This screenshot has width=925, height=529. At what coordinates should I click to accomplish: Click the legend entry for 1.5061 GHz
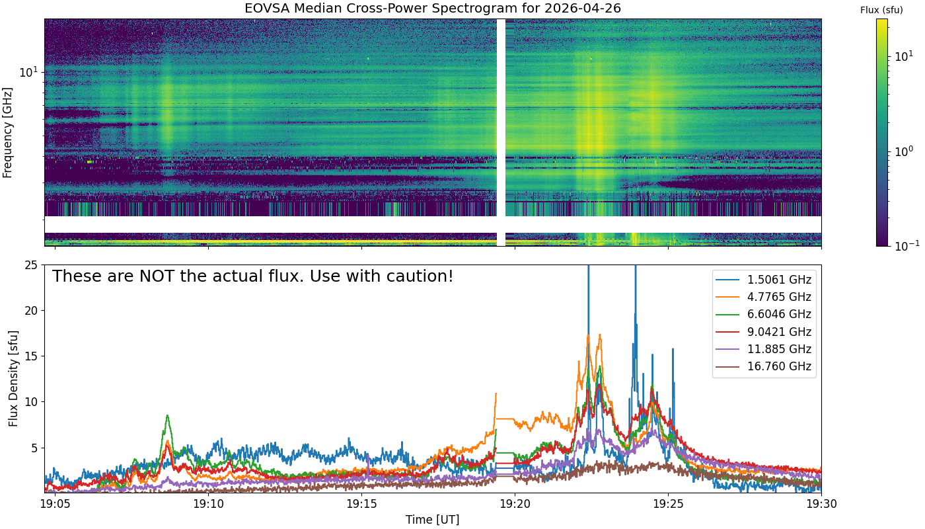point(764,280)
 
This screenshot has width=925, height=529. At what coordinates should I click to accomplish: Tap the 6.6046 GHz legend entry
point(764,315)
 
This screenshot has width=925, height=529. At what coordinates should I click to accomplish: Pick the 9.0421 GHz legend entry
point(764,332)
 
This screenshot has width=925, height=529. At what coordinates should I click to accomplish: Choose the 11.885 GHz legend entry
point(764,349)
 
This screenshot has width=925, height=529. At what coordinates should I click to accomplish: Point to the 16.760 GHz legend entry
point(764,366)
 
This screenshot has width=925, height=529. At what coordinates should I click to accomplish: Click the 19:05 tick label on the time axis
point(55,504)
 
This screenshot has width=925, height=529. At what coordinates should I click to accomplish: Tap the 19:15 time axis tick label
point(362,504)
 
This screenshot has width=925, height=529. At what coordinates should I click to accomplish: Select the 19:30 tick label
point(822,504)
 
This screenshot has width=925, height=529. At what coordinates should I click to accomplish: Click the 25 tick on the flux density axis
point(32,265)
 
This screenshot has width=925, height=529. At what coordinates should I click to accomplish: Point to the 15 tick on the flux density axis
point(32,356)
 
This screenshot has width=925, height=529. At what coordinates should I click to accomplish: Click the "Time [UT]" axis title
point(432,520)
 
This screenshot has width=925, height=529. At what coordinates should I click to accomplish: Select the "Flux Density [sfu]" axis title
point(13,378)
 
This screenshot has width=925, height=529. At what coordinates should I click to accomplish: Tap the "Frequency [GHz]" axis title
point(7,133)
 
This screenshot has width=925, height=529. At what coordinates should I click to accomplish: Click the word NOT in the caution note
point(157,276)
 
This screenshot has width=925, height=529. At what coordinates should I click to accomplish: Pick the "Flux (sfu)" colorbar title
point(881,10)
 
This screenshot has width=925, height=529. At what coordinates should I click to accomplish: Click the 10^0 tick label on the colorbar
point(905,151)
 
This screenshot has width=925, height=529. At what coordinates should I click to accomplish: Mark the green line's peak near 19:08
point(167,415)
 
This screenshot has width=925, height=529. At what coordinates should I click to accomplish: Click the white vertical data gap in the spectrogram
point(501,132)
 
